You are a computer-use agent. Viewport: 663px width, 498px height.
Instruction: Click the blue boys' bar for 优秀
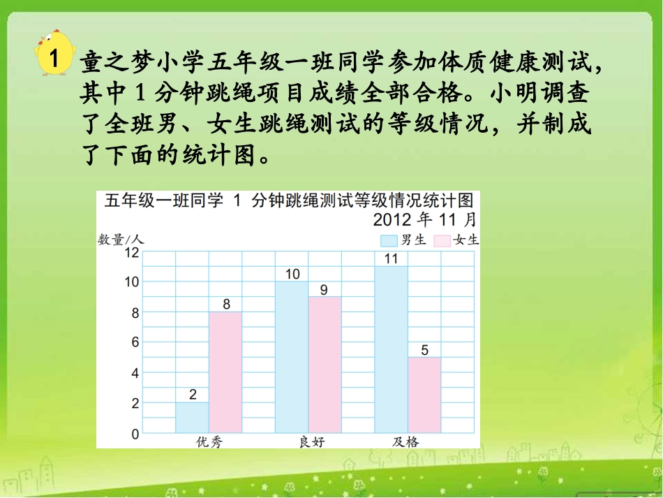coord(191,418)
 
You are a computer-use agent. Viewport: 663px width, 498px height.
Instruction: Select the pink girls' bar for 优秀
coord(225,372)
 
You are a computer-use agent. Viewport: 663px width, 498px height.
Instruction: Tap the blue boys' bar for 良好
coord(292,357)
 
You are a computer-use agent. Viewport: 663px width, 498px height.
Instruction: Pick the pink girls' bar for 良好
coord(325,365)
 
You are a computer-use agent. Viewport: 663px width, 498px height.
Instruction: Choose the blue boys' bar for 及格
coord(391,349)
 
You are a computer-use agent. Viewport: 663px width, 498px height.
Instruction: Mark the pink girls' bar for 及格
coord(424,395)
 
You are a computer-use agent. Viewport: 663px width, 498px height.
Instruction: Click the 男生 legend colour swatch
coord(388,240)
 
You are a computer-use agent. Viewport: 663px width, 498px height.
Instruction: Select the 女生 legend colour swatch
coord(442,240)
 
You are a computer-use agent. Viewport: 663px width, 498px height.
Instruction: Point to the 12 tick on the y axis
coord(132,252)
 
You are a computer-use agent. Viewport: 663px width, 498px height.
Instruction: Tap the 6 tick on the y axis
coord(135,343)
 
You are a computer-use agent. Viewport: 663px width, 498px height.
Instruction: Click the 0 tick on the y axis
coord(135,434)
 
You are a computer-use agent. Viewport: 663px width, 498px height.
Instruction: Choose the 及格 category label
coord(405,442)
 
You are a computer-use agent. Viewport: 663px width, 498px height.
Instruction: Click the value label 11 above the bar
coord(391,258)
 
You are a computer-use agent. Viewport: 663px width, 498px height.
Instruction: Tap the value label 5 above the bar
coord(424,349)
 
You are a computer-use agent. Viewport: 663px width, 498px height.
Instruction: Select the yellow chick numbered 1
coord(51,54)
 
